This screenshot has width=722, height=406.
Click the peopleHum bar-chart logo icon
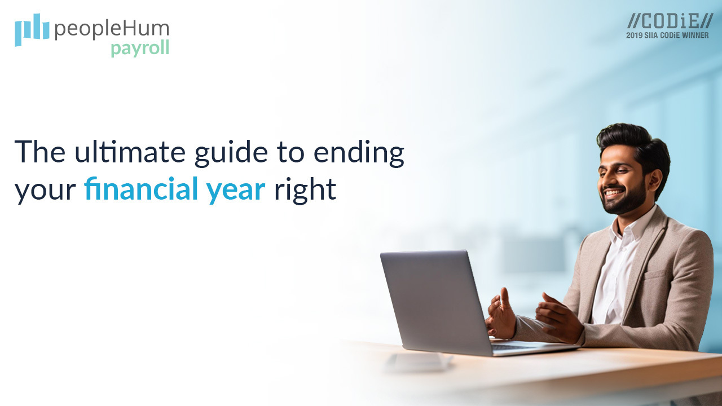click(x=32, y=29)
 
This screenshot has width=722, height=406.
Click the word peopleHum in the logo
click(x=112, y=29)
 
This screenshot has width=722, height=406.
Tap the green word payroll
click(x=140, y=48)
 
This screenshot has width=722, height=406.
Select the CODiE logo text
click(x=670, y=21)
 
